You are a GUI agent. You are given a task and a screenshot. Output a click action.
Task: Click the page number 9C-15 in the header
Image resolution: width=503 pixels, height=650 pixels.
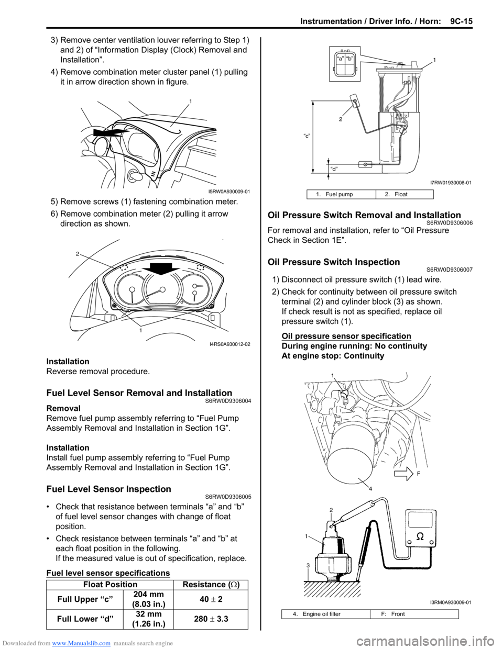click(457, 21)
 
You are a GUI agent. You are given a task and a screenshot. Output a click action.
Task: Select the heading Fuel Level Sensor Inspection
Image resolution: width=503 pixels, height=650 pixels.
click(108, 489)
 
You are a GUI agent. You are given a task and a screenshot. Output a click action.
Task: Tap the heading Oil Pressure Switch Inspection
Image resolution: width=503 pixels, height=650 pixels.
click(333, 262)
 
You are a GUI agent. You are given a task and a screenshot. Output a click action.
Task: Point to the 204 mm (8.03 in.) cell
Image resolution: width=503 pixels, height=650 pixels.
click(148, 599)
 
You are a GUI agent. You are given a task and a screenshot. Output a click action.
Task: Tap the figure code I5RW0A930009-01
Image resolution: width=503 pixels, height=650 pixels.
click(229, 192)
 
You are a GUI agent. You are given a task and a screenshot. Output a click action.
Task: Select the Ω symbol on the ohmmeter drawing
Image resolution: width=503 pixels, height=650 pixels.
click(420, 537)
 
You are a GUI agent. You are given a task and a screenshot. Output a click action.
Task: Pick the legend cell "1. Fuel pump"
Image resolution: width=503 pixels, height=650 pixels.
click(341, 194)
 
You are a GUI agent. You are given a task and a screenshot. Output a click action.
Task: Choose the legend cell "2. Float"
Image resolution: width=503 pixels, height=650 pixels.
click(404, 194)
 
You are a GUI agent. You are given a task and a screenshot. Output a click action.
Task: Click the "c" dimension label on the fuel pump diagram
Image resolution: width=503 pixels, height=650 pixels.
click(308, 136)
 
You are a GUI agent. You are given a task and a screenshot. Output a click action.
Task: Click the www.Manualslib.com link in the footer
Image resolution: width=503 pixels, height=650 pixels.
click(81, 643)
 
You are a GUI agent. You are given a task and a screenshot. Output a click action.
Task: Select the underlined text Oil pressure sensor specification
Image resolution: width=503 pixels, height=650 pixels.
click(346, 336)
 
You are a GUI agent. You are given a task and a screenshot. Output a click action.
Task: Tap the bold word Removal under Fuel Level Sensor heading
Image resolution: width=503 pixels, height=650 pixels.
click(63, 408)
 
